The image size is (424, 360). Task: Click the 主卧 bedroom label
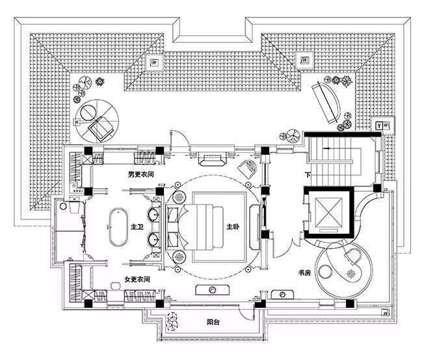pos(233,227)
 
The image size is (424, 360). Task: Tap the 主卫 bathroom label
pos(137,227)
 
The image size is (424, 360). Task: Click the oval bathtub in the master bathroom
pos(118,227)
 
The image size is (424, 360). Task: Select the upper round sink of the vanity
pos(156,214)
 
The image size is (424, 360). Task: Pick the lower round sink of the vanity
pos(156,240)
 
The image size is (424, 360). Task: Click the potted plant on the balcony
pos(172,320)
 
